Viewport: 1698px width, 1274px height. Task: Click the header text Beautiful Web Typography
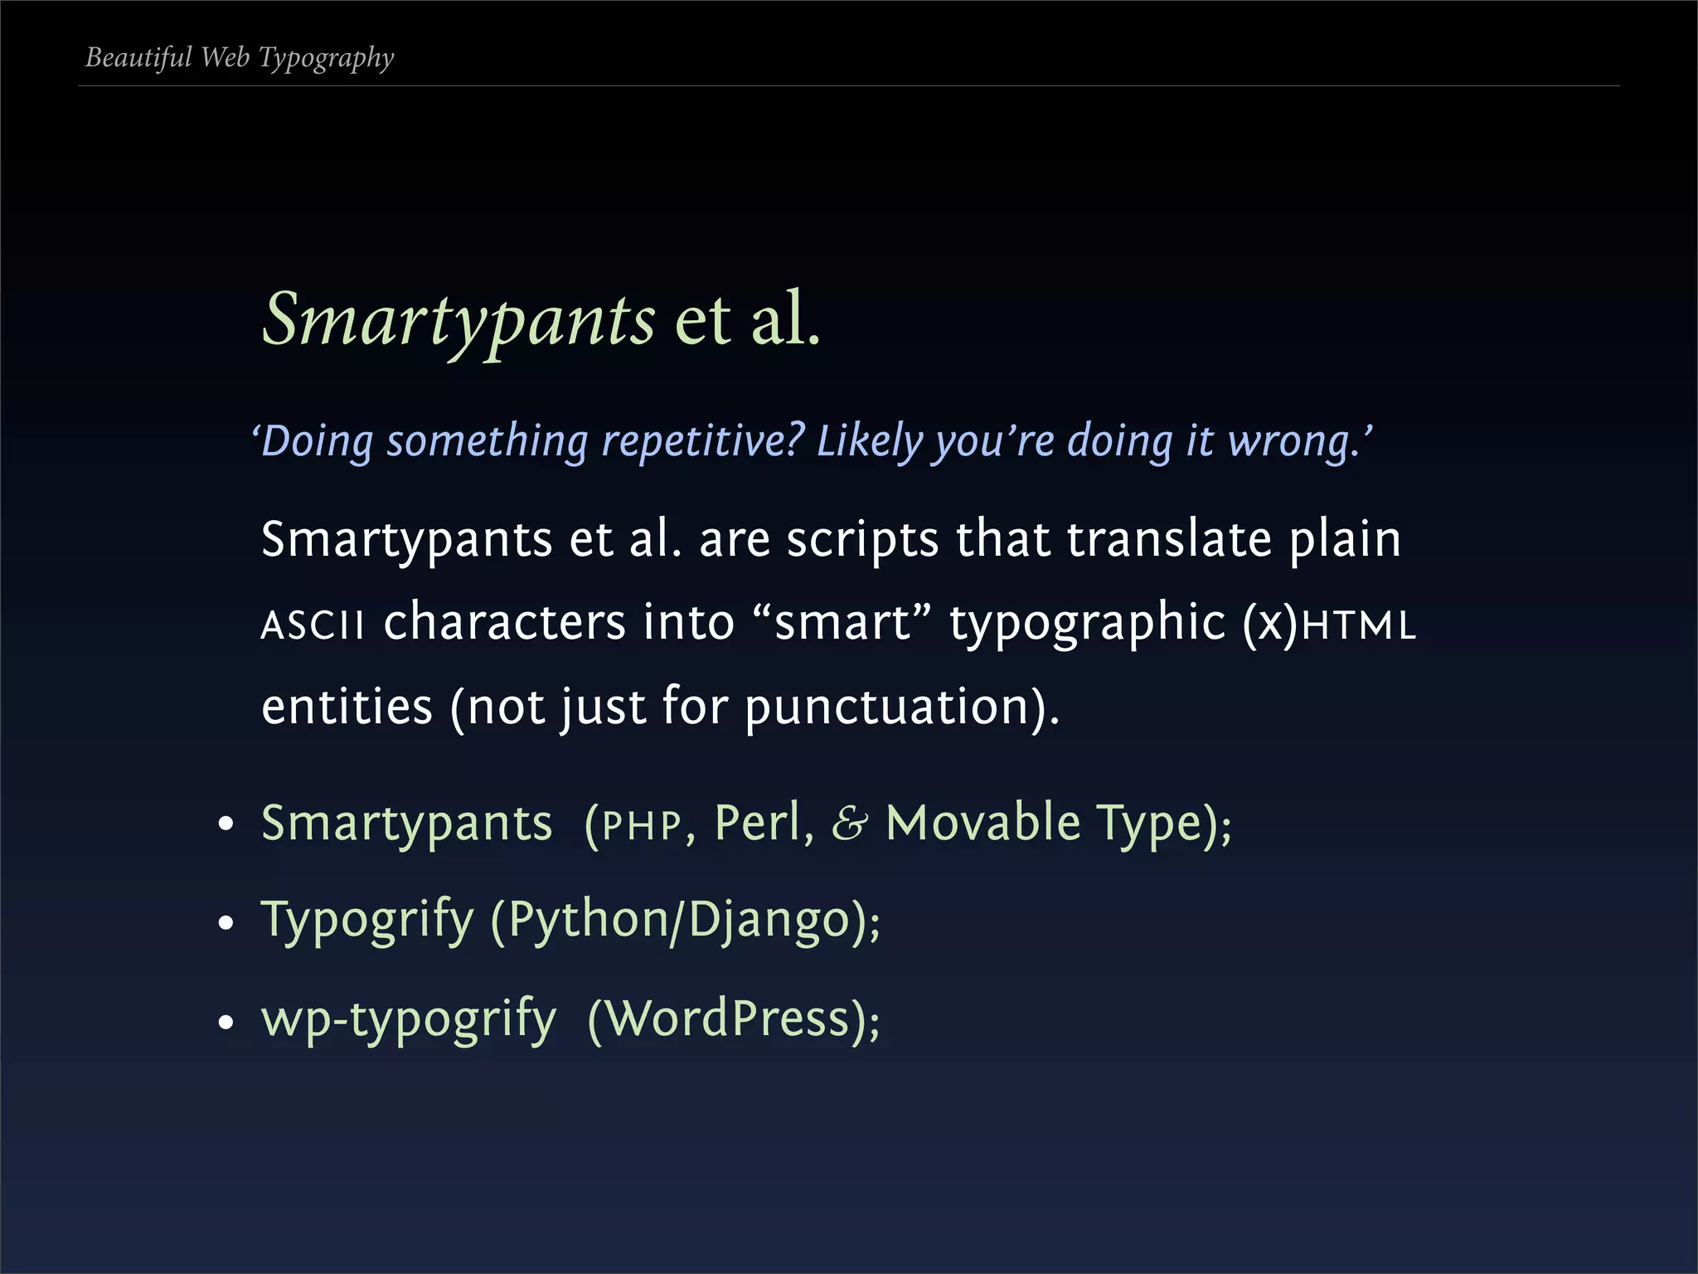(x=240, y=58)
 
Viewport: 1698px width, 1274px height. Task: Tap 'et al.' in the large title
(x=747, y=319)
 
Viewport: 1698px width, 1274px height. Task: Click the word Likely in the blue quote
(x=870, y=441)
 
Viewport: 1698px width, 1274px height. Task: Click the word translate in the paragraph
(x=1168, y=539)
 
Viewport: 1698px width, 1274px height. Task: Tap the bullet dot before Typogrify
(x=226, y=922)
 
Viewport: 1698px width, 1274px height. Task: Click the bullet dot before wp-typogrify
(x=226, y=1022)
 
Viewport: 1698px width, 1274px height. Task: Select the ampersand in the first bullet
(x=849, y=824)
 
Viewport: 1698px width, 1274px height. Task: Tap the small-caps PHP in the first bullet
(x=642, y=826)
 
